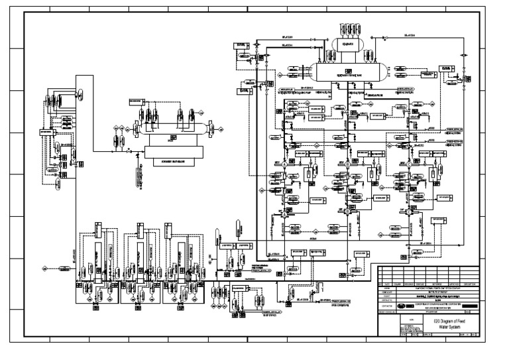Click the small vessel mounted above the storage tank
coord(345,44)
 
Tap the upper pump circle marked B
coord(345,163)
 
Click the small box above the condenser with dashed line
coord(136,101)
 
